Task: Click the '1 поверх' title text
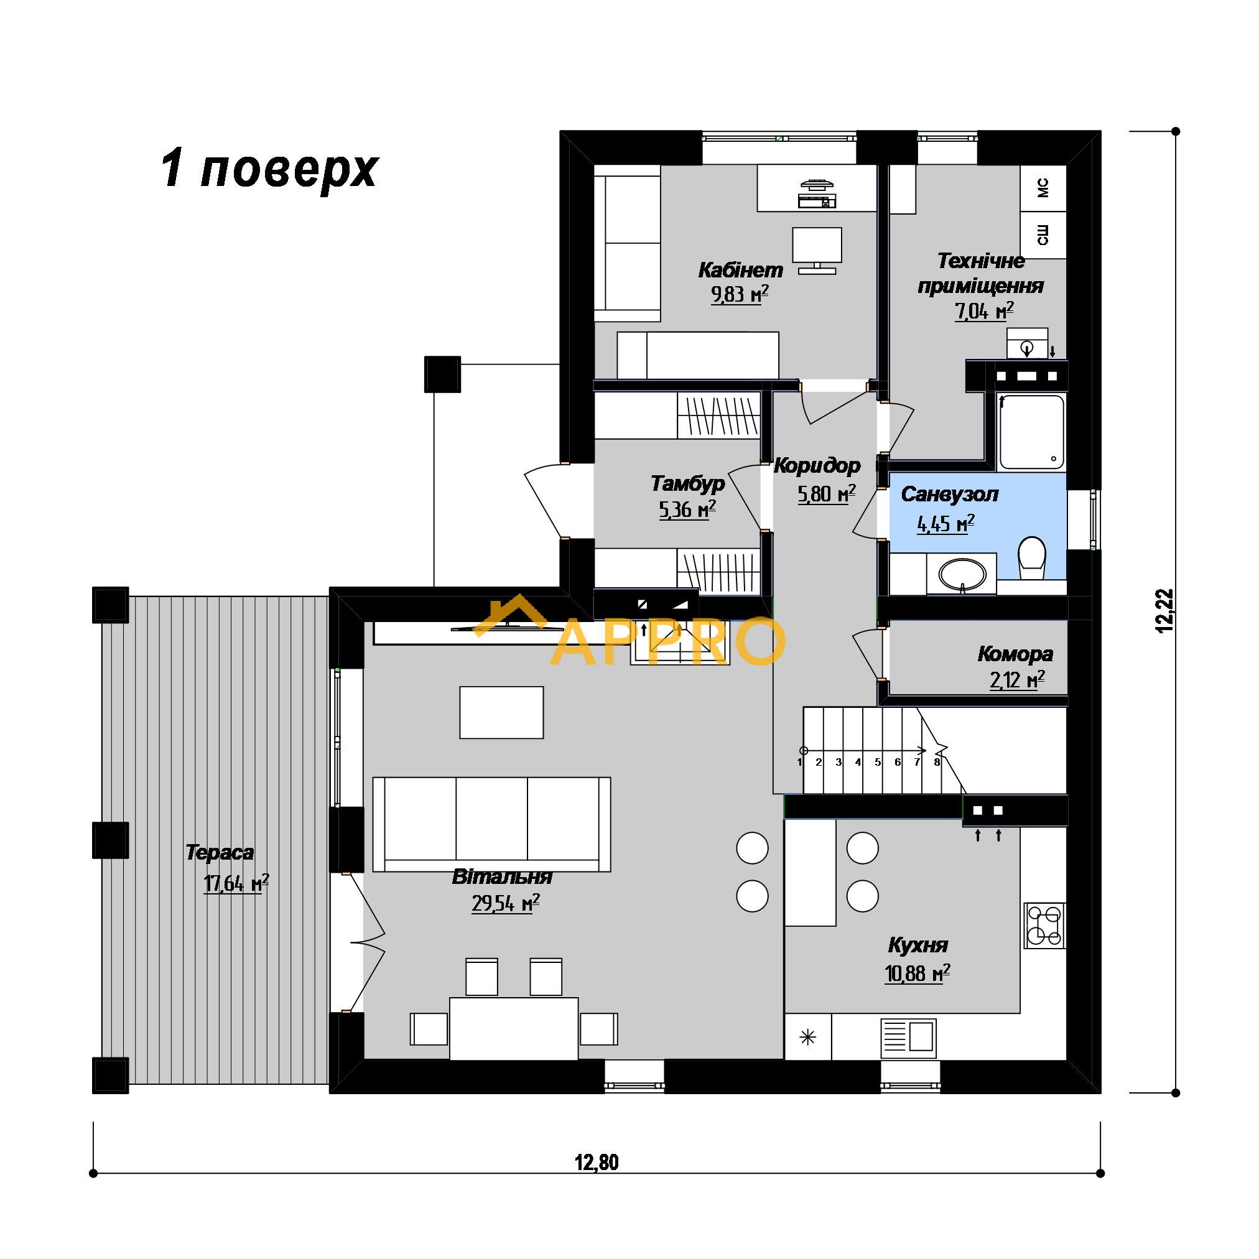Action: click(269, 168)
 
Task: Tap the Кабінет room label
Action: click(740, 269)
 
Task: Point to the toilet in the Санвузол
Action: click(1032, 558)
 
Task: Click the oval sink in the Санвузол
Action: click(962, 575)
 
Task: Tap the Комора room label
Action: click(1015, 654)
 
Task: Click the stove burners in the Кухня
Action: click(1044, 926)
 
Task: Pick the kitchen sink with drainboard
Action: click(908, 1038)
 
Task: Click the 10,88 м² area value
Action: click(917, 973)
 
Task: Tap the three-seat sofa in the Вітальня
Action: click(491, 824)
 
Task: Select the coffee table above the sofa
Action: click(502, 712)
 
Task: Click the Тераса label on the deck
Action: click(220, 852)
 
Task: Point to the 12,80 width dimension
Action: click(597, 1163)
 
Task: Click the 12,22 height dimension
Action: click(1164, 611)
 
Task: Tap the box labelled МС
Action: click(1043, 188)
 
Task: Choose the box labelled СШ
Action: click(1043, 235)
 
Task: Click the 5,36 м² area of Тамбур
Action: click(687, 509)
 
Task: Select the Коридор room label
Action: click(817, 465)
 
